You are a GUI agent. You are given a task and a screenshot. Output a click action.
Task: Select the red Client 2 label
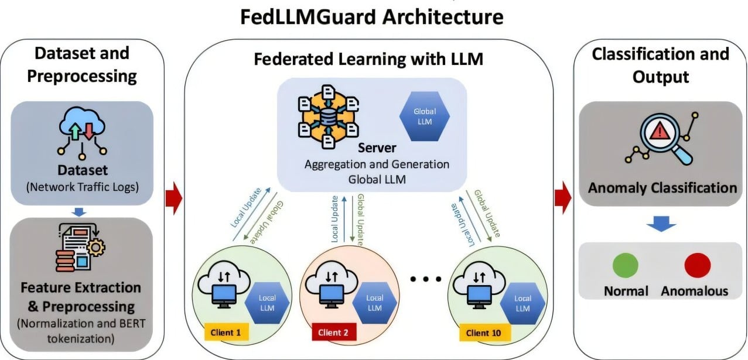[x=333, y=332]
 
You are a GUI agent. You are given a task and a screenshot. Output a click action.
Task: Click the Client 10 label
[x=484, y=333]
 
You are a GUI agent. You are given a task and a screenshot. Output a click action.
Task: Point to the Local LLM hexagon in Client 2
[x=374, y=303]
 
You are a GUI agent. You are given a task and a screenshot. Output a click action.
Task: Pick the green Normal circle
[x=625, y=266]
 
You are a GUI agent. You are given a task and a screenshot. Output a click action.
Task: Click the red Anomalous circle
[x=697, y=266]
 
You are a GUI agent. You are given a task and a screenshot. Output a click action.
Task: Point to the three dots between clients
[x=426, y=279]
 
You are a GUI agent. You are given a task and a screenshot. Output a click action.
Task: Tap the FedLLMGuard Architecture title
[x=372, y=16]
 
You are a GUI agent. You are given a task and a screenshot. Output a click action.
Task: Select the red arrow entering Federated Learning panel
[x=175, y=198]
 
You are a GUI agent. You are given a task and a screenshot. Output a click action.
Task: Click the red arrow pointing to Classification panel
[x=563, y=198]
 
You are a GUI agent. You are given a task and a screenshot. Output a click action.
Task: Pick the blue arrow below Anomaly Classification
[x=661, y=222]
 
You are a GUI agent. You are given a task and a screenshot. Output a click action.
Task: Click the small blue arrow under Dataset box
[x=81, y=211]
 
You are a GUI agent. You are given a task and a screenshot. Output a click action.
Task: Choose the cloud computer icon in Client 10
[x=479, y=283]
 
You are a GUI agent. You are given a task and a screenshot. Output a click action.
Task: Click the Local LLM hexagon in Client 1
[x=268, y=303]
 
